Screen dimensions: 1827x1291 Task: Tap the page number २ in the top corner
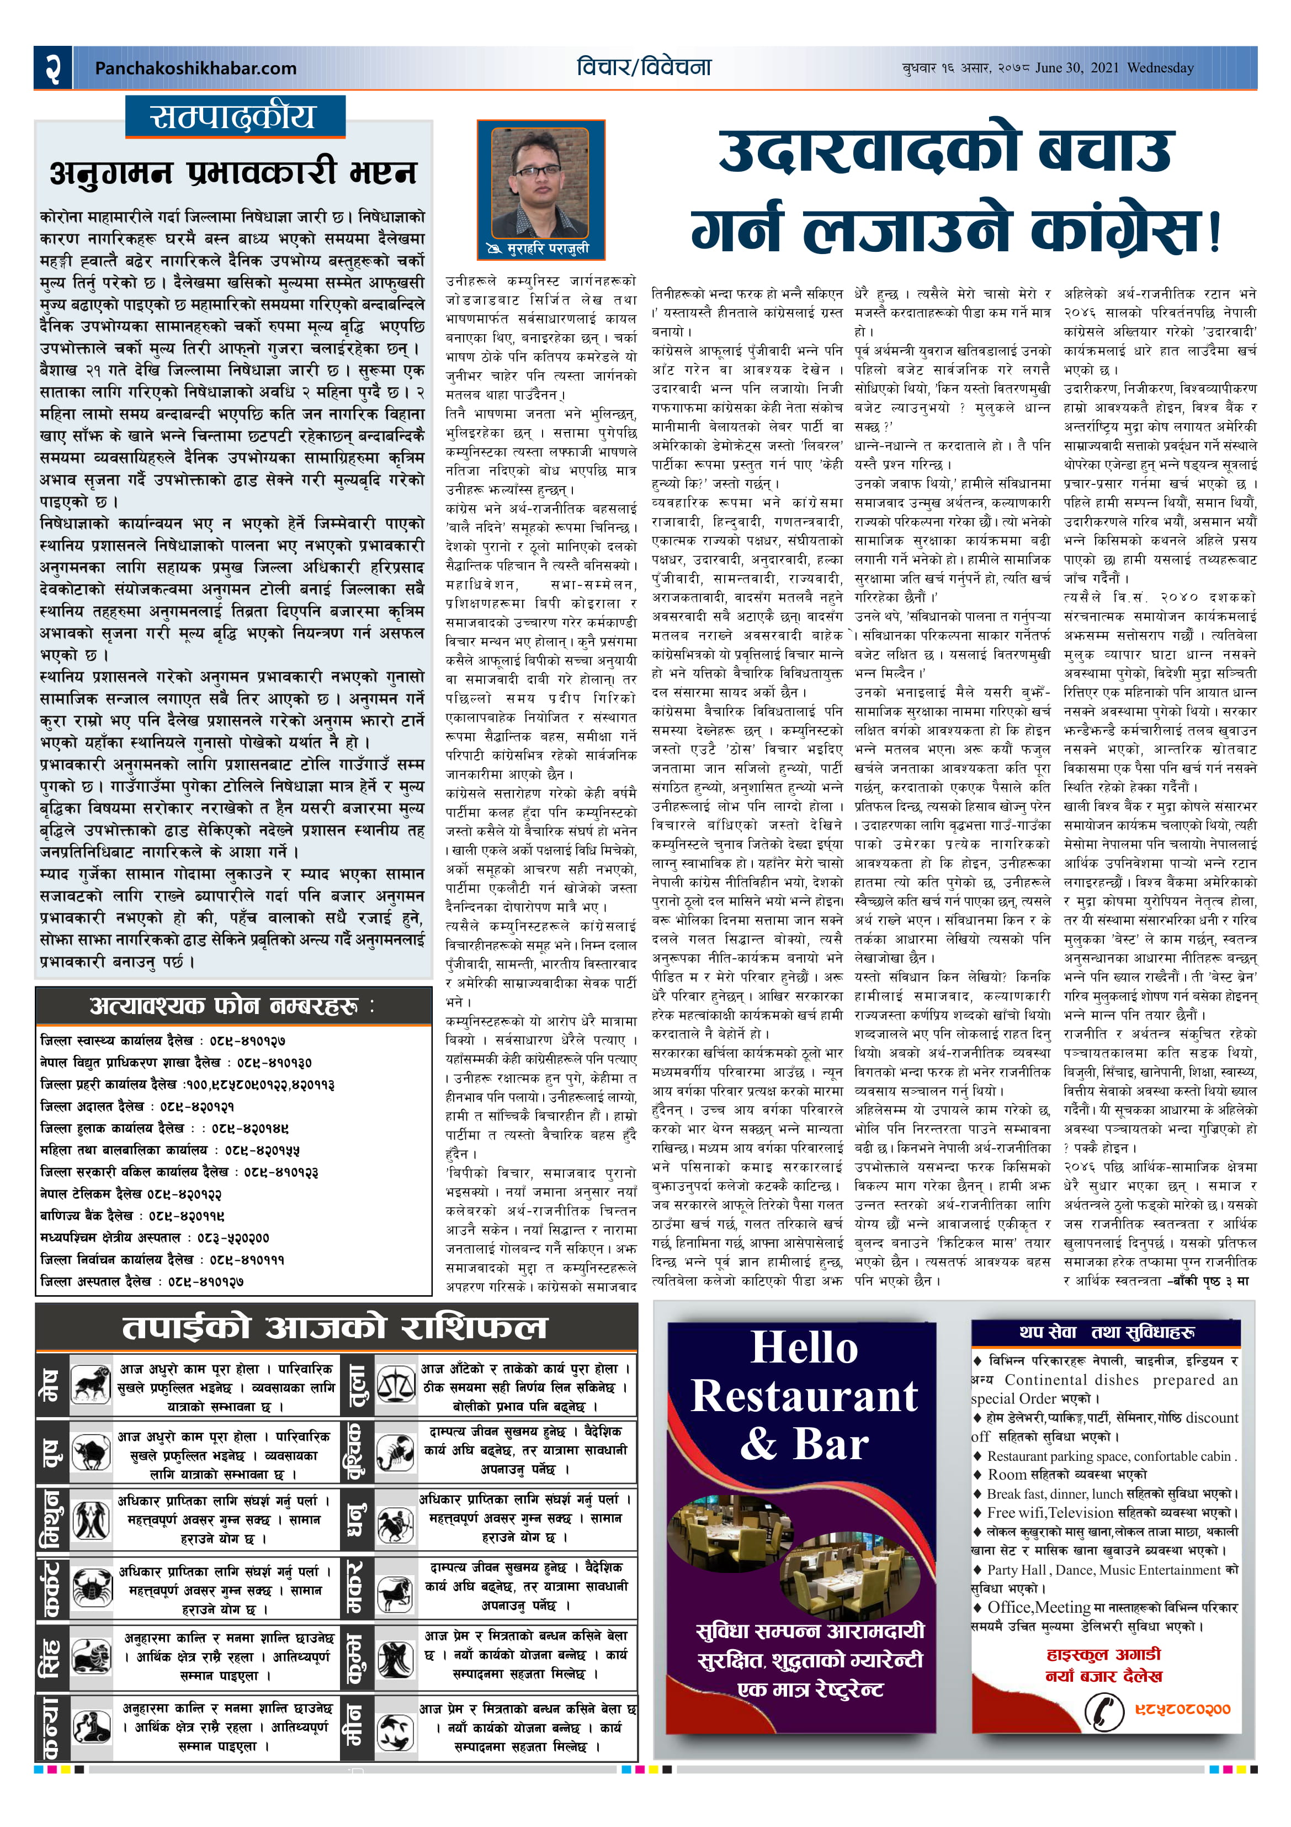click(x=52, y=67)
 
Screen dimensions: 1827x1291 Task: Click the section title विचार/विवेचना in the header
click(x=644, y=67)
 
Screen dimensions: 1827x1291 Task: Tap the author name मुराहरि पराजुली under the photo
click(x=548, y=249)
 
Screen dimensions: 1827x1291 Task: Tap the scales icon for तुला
click(x=395, y=1385)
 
